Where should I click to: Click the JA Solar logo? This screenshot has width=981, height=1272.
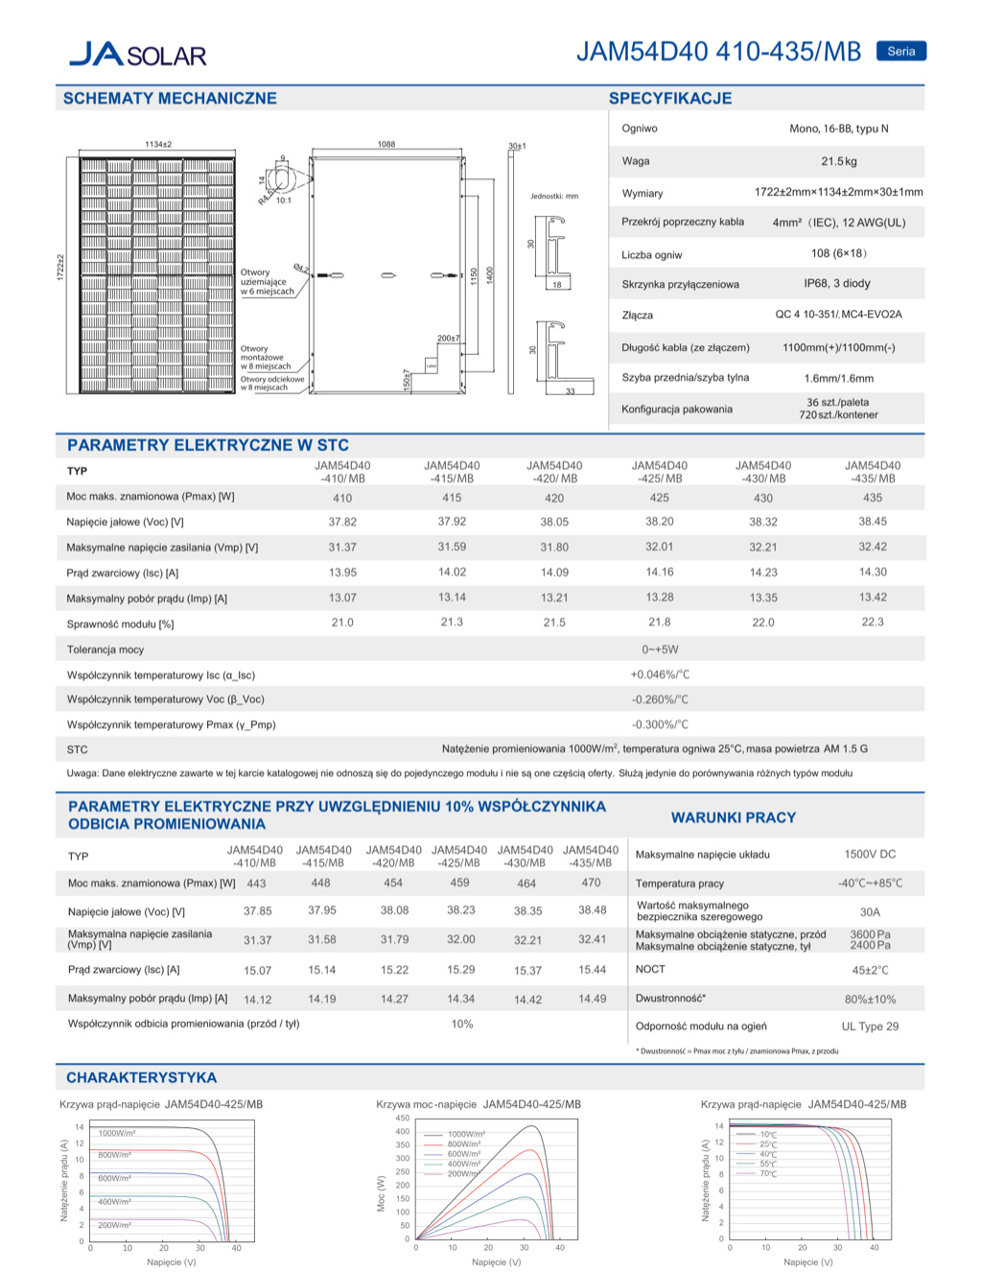[138, 54]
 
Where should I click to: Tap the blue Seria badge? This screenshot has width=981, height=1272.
[900, 52]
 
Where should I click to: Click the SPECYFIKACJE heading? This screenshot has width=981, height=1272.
[669, 98]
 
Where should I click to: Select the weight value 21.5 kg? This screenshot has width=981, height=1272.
[838, 161]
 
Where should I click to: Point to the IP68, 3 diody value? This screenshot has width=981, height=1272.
[837, 283]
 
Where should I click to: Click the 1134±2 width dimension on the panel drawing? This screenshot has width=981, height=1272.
[158, 144]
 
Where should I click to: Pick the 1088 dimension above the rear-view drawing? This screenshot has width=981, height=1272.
[385, 144]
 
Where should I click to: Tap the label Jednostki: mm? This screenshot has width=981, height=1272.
[554, 196]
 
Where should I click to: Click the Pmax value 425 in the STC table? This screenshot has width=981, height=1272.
[659, 497]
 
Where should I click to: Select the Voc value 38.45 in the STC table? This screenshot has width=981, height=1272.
[872, 521]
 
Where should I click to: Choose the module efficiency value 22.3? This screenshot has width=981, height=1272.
[872, 622]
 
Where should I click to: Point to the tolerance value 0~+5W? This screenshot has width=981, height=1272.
[660, 649]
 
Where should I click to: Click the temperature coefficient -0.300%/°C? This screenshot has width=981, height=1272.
[660, 724]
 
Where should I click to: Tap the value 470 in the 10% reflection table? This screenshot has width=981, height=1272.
[591, 883]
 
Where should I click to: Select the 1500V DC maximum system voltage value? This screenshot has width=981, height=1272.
[870, 854]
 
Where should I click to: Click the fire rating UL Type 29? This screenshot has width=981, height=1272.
[870, 1026]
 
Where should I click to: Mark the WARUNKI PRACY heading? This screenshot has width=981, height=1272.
[733, 817]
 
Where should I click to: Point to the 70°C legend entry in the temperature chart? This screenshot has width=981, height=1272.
[768, 1173]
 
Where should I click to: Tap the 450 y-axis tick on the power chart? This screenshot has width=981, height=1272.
[403, 1119]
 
